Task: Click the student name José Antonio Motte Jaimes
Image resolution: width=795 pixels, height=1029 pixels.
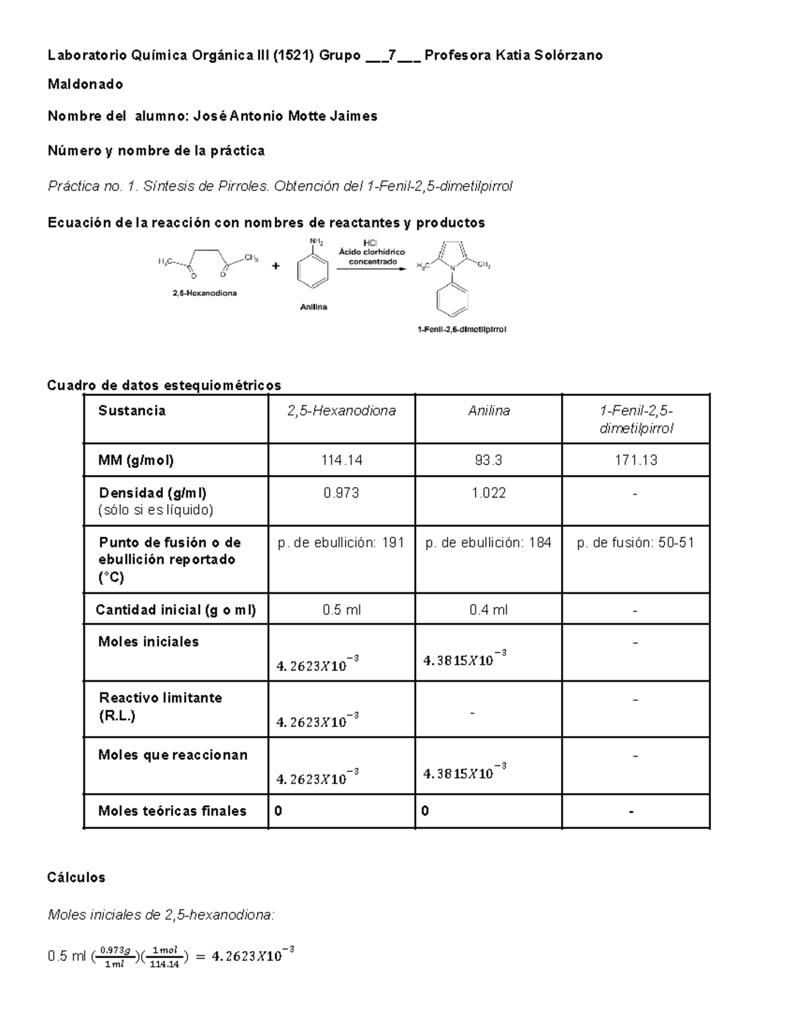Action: [x=285, y=117]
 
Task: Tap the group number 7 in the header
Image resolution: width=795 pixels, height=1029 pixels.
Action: [x=392, y=55]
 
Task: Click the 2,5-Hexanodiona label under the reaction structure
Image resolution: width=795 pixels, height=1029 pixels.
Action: [x=205, y=292]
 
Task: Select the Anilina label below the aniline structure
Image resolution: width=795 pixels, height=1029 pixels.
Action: [x=314, y=307]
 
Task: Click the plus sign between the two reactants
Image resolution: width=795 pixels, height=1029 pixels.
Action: [x=276, y=266]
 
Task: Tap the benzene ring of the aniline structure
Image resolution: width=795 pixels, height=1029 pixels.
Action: [x=313, y=273]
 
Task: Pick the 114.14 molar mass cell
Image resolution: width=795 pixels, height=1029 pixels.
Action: [x=341, y=460]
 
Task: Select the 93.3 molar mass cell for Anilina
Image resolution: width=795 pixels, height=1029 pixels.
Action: [x=488, y=460]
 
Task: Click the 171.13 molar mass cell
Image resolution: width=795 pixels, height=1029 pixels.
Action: [x=635, y=460]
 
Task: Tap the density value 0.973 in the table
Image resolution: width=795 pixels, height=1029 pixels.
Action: [x=341, y=493]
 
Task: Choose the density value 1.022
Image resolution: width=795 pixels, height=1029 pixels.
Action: [x=488, y=493]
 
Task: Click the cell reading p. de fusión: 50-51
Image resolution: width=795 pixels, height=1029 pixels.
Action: [x=635, y=543]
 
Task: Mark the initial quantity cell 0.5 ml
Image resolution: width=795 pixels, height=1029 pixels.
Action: [x=341, y=610]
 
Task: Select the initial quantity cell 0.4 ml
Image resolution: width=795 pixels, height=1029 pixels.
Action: [x=488, y=610]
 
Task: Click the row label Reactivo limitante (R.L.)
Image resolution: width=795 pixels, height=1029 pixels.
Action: [x=160, y=706]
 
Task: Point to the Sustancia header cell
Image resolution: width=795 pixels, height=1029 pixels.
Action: [x=132, y=411]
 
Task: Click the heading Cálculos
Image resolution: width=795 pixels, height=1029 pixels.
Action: [x=76, y=877]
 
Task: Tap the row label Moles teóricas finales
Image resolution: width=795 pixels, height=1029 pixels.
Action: [x=172, y=811]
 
